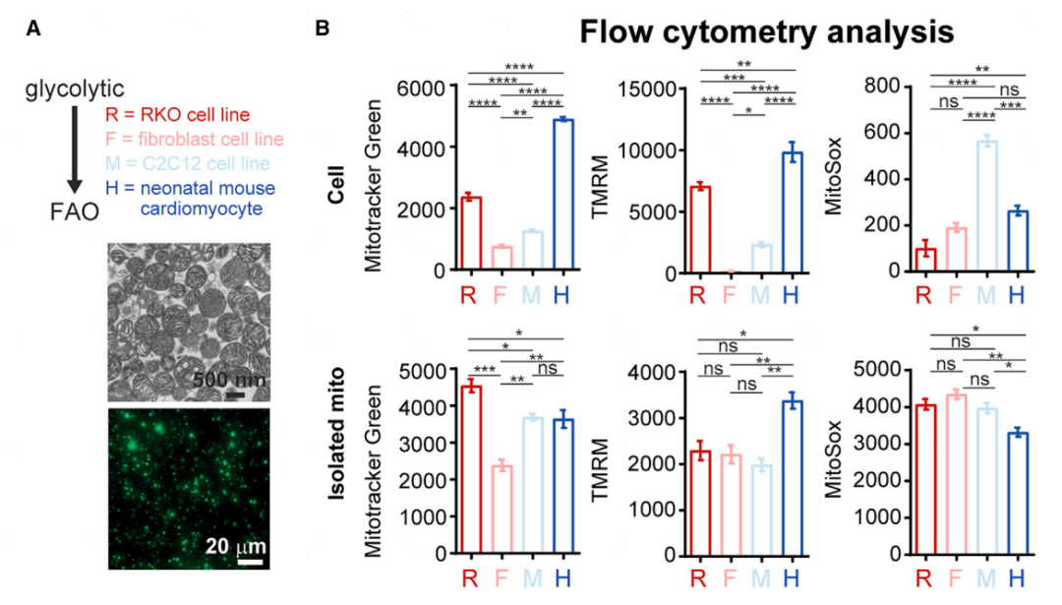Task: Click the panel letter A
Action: click(x=33, y=30)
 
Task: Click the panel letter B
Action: click(x=322, y=30)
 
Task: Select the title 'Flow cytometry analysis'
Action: click(x=766, y=33)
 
